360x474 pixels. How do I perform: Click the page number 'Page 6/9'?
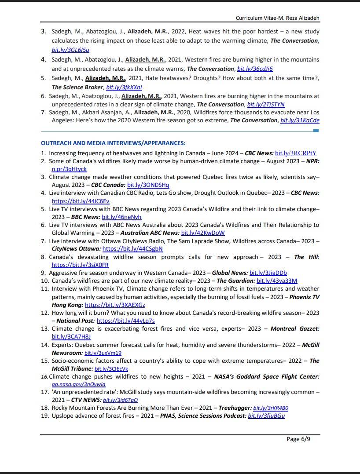point(298,439)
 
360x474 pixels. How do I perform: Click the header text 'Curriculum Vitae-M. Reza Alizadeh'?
point(277,18)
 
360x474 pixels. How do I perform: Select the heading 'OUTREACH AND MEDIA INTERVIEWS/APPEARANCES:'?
point(113,143)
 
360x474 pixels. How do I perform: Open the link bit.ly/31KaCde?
point(300,120)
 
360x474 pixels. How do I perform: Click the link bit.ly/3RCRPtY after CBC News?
point(296,153)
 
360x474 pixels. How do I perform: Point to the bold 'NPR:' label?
point(312,161)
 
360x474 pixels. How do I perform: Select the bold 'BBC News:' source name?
point(85,217)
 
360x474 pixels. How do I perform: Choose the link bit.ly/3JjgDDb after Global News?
point(268,273)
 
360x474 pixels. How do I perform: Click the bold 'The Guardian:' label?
point(235,281)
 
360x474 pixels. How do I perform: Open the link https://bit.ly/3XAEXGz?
point(115,305)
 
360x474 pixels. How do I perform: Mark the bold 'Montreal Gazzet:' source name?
point(295,329)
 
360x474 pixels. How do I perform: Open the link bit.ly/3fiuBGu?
point(266,416)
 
